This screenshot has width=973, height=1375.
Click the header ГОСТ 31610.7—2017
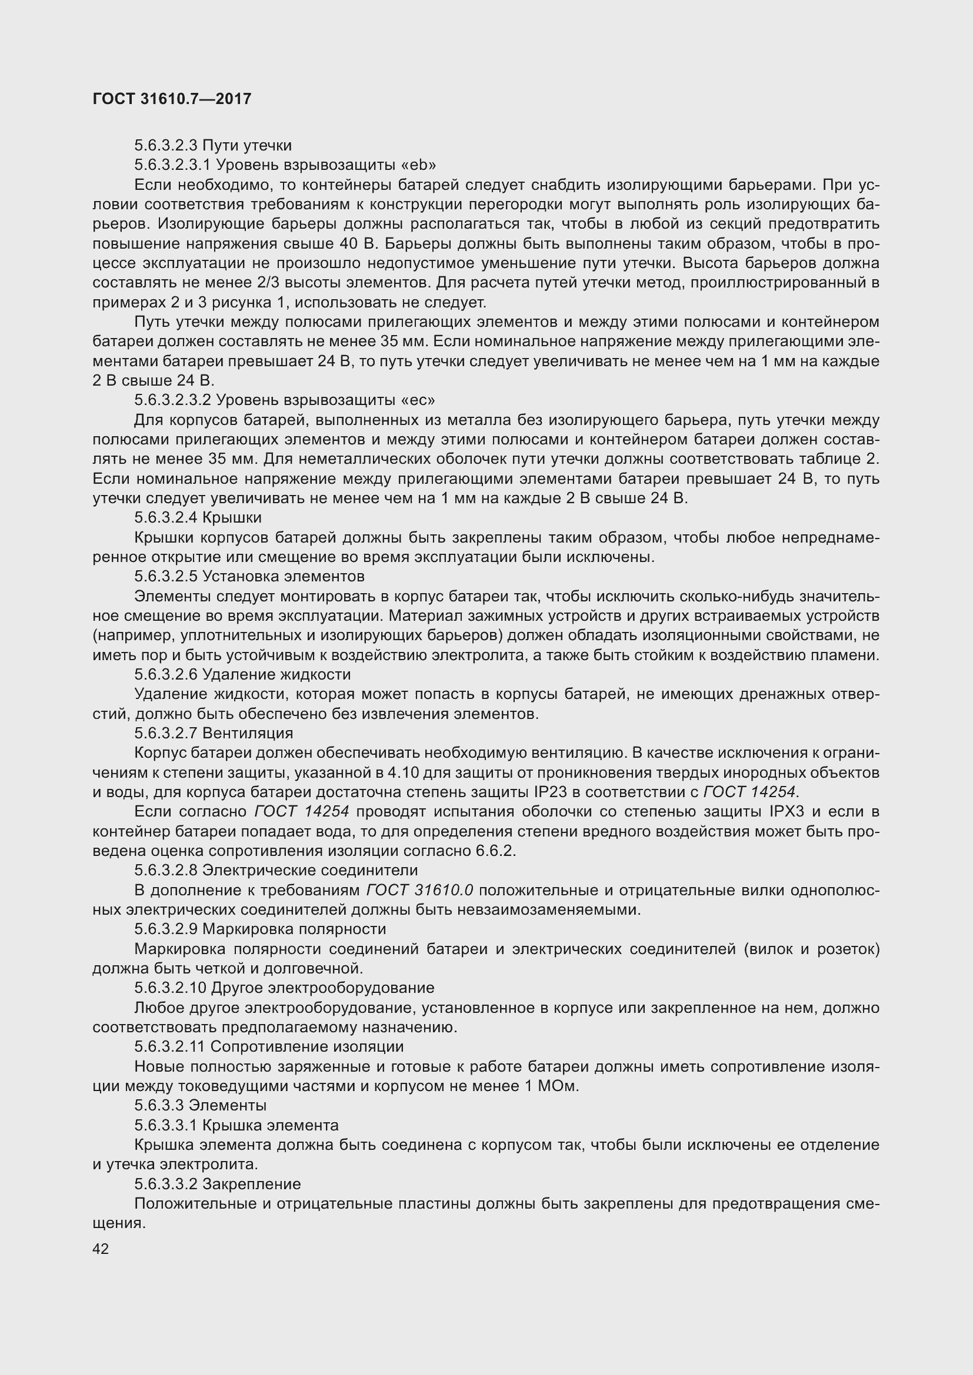coord(172,99)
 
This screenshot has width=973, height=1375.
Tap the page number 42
coord(101,1249)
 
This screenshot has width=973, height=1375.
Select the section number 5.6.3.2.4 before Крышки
coord(165,517)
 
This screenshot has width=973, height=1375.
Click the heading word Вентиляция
coord(248,734)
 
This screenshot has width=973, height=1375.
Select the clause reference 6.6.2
coord(497,851)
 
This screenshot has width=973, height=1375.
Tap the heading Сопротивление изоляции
coord(306,1047)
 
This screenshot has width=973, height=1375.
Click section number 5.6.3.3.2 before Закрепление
coord(165,1184)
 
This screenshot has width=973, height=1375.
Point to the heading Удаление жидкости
coord(276,675)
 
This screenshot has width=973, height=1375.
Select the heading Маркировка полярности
coord(294,929)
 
